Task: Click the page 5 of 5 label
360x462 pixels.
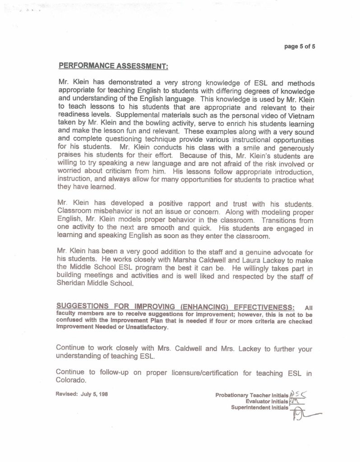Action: click(x=300, y=46)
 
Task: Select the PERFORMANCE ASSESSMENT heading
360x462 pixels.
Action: click(x=113, y=66)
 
